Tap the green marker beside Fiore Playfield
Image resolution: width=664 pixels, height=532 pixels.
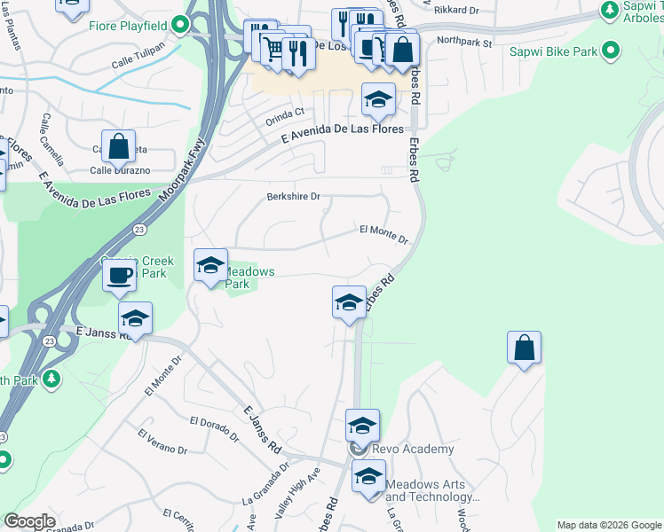pyautogui.click(x=181, y=25)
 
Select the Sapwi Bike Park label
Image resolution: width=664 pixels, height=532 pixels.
pyautogui.click(x=553, y=51)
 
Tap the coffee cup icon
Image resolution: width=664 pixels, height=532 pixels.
pyautogui.click(x=118, y=275)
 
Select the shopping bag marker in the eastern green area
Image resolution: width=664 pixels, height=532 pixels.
pyautogui.click(x=525, y=348)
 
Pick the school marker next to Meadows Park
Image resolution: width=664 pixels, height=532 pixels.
pyautogui.click(x=210, y=266)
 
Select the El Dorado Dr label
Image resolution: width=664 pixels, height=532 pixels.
pyautogui.click(x=214, y=427)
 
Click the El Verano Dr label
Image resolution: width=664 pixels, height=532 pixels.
pyautogui.click(x=162, y=441)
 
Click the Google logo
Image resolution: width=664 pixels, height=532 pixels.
pyautogui.click(x=28, y=521)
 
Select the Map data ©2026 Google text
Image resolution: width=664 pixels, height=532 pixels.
pyautogui.click(x=608, y=525)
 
